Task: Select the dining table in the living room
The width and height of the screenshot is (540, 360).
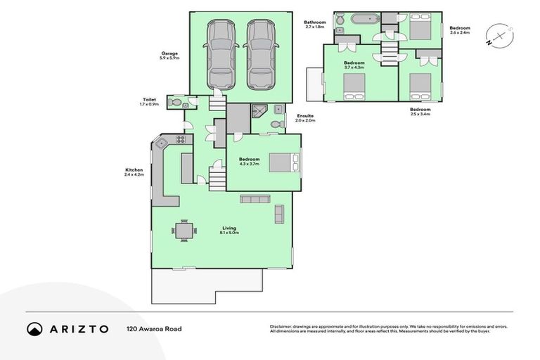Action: click(184, 230)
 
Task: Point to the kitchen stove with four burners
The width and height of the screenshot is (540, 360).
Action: click(179, 139)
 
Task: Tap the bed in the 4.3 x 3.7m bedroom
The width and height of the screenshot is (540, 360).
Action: click(285, 162)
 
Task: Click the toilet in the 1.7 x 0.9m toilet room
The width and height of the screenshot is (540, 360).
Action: click(176, 101)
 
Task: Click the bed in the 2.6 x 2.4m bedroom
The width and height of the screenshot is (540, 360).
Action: click(420, 30)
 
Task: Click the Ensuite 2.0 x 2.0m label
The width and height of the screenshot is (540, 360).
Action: click(306, 118)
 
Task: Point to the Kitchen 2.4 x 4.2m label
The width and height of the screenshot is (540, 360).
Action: click(134, 172)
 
